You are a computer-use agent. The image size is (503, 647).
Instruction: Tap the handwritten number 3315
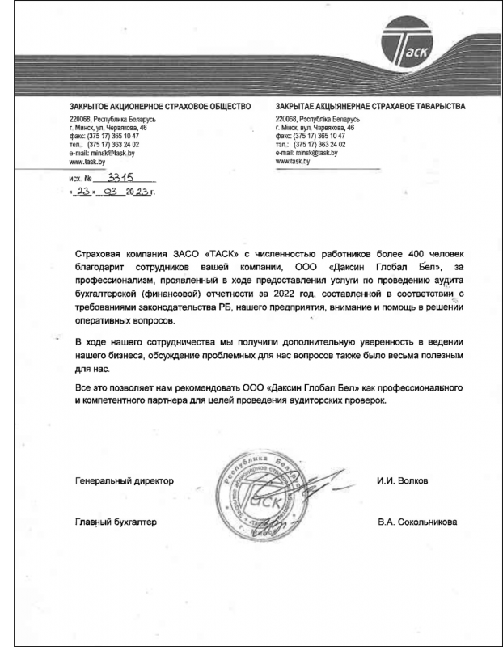pyautogui.click(x=123, y=176)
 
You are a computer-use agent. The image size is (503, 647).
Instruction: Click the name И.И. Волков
pyautogui.click(x=402, y=480)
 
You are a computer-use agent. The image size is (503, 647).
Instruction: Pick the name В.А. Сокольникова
pyautogui.click(x=416, y=522)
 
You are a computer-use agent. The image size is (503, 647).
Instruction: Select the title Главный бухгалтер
pyautogui.click(x=115, y=522)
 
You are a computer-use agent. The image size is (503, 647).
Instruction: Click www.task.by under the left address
pyautogui.click(x=89, y=160)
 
